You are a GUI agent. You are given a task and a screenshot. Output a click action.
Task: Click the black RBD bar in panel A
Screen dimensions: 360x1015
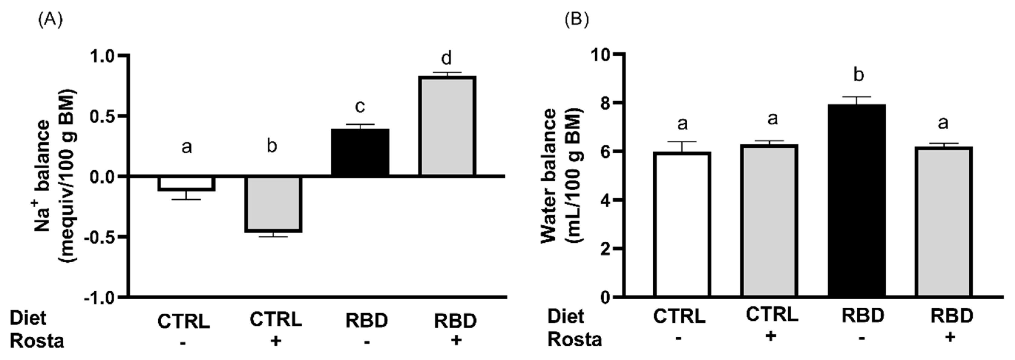coord(360,152)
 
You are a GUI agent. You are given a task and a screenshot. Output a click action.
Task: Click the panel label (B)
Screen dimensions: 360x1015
coord(576,18)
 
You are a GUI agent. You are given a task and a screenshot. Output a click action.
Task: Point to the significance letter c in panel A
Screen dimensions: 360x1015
coord(360,106)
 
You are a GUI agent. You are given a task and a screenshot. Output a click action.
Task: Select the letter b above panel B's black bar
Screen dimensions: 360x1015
coord(859,75)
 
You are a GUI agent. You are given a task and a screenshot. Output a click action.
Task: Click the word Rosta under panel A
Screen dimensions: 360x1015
coord(37,341)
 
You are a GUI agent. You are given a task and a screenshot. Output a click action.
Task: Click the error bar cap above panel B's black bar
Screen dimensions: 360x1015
coord(857,97)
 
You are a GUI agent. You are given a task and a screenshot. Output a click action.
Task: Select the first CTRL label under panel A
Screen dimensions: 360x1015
coord(184,321)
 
